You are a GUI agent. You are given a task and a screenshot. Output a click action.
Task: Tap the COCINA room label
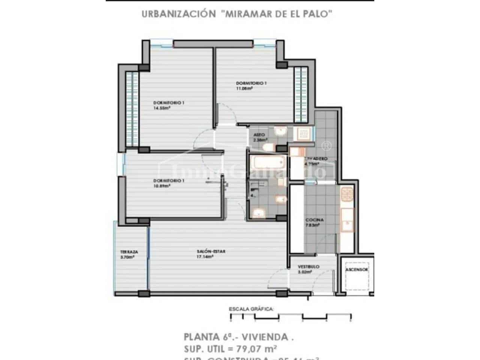(314, 220)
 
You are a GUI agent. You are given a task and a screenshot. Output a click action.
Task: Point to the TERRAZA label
(129, 252)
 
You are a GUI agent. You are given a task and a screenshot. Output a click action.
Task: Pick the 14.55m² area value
(162, 108)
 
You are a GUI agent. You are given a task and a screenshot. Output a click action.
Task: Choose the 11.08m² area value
(244, 88)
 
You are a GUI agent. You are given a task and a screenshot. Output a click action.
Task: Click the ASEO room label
(259, 135)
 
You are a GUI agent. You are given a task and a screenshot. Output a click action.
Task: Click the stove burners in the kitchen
(347, 194)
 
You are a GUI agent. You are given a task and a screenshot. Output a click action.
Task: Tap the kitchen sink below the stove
(347, 224)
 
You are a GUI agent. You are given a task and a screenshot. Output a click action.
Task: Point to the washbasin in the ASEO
(280, 131)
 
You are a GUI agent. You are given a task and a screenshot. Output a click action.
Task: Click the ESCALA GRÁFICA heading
(251, 309)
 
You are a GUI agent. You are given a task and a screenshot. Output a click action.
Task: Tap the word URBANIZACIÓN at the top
(174, 14)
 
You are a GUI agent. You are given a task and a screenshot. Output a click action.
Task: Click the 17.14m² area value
(205, 257)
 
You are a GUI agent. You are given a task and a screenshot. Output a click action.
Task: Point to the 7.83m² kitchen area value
(312, 225)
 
